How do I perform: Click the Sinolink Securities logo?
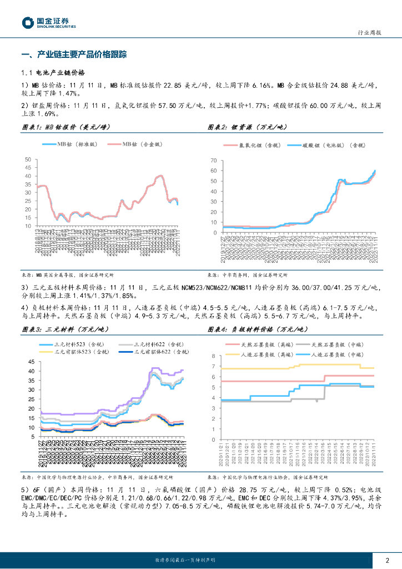(x=48, y=23)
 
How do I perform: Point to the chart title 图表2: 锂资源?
(x=248, y=127)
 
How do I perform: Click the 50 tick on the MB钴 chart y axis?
(x=28, y=160)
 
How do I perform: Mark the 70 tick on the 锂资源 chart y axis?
(x=212, y=160)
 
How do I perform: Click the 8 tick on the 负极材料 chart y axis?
(x=214, y=356)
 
